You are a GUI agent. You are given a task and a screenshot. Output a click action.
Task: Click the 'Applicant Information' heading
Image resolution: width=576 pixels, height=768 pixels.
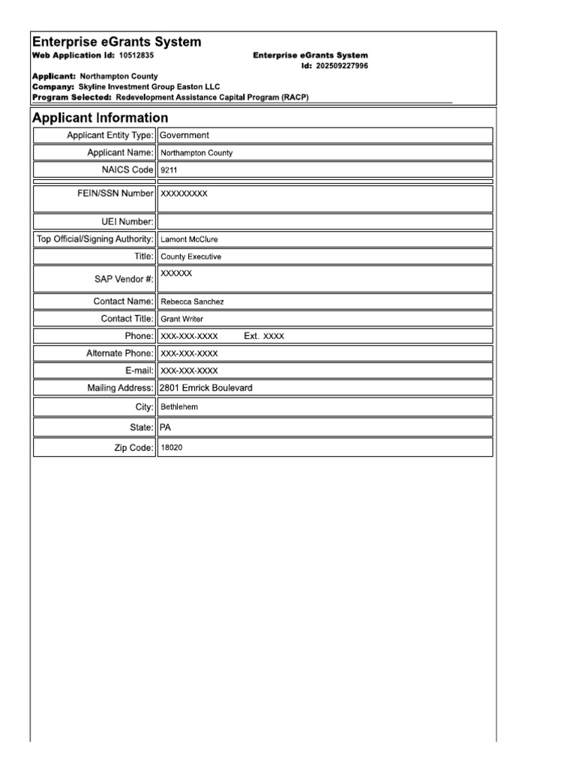point(100,118)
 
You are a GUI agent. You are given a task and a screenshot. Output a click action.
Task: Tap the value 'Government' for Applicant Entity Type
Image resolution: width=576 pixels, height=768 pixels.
point(184,135)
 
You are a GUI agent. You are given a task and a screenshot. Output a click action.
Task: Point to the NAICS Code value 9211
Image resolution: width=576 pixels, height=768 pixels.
point(169,170)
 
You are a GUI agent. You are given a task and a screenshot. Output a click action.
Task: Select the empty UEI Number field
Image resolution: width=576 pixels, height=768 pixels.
point(325,221)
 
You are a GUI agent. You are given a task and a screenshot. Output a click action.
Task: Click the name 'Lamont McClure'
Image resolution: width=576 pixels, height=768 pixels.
point(189,240)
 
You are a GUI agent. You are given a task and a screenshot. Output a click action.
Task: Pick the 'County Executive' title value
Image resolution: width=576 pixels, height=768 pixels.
point(190,256)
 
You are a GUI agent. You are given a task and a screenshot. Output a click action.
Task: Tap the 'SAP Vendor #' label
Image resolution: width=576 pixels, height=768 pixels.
point(124,279)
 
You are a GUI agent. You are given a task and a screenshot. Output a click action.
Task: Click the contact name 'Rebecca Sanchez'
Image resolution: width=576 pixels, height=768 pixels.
point(192,301)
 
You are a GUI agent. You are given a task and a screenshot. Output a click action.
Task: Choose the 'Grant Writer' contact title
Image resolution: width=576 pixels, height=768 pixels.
point(181,319)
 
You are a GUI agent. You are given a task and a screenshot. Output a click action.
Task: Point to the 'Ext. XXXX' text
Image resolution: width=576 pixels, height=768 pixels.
point(264,337)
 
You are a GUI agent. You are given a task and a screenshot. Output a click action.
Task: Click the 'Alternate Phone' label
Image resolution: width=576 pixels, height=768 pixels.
point(119,353)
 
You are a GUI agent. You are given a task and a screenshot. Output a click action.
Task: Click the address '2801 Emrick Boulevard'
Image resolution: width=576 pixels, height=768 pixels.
point(206,388)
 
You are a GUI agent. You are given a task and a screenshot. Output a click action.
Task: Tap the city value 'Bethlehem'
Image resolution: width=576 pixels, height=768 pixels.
point(179,407)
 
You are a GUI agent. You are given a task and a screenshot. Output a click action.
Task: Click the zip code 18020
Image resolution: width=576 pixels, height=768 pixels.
point(172,448)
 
